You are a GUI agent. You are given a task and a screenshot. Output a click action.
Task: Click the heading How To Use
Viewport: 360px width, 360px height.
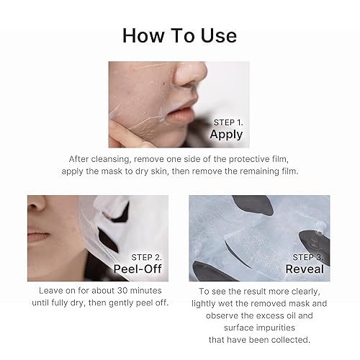[179, 35]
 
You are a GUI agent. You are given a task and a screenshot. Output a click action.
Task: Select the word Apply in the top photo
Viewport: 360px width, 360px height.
[226, 134]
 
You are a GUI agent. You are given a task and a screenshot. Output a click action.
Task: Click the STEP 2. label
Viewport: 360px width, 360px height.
[147, 255]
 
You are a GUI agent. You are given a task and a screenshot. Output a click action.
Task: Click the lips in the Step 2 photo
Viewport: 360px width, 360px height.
[39, 237]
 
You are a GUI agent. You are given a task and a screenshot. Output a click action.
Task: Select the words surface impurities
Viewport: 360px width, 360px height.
[261, 328]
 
